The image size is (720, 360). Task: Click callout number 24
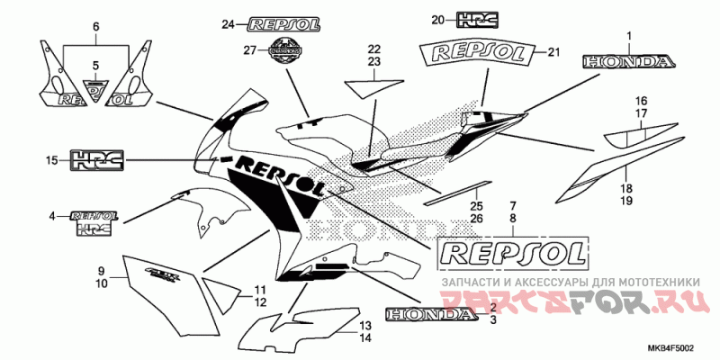coord(228,24)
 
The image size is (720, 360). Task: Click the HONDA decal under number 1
coord(628,62)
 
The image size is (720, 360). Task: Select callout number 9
coord(102,270)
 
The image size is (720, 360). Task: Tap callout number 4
coord(52,216)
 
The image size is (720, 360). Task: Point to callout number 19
coord(626,201)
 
